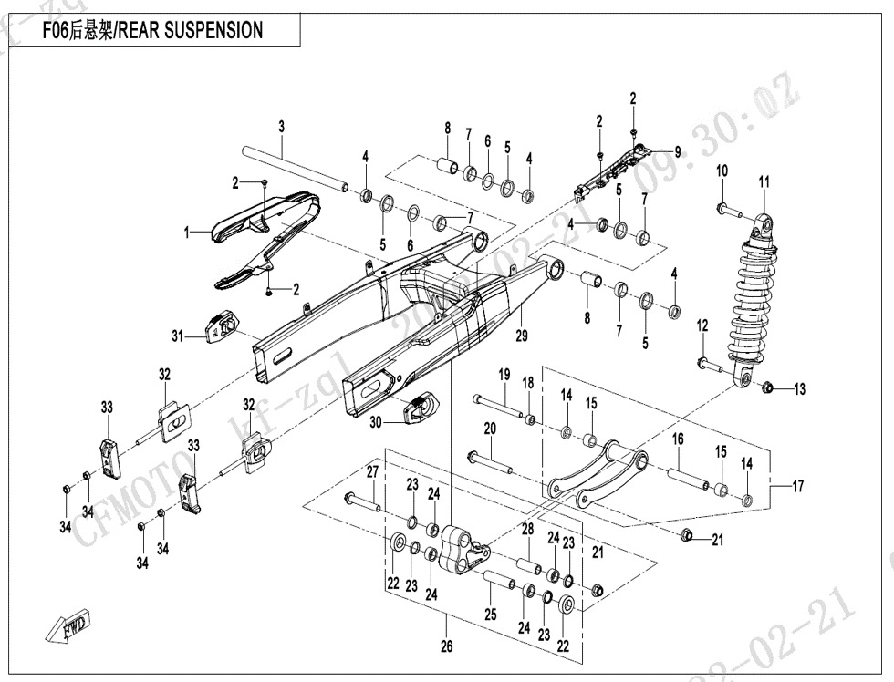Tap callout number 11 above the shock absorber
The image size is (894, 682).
coord(764,182)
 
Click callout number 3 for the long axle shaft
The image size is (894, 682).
coord(282,125)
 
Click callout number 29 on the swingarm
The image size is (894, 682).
coord(522,336)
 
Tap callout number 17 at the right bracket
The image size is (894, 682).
coord(797,487)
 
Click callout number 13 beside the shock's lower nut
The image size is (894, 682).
coord(799,389)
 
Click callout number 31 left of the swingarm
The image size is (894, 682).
coord(178,336)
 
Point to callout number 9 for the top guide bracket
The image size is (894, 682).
coord(678,150)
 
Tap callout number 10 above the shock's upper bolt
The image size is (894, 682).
coord(722,171)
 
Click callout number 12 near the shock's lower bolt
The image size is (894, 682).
coord(702,325)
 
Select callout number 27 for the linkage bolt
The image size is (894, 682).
coord(371,471)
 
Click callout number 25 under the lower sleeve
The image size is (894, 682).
coord(491,615)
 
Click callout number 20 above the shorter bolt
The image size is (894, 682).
coord(489,429)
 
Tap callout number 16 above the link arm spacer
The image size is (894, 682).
coord(678,439)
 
